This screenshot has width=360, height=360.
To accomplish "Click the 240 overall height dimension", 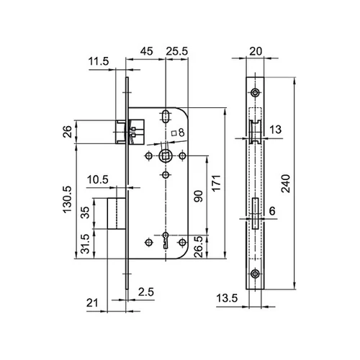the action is tap(286, 184).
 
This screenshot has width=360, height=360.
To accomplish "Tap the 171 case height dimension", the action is tap(216, 183).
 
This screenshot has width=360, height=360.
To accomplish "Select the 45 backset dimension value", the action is tap(146, 51).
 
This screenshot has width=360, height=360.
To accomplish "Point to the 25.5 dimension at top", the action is tap(177, 51).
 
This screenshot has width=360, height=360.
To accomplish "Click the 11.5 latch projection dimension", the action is tap(99, 61).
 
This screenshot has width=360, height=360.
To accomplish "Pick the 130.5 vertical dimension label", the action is tap(68, 199).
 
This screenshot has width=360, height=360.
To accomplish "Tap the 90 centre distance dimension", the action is tap(199, 196).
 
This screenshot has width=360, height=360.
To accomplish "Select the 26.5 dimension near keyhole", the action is tap(199, 247).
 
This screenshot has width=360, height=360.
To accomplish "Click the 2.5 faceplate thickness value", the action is tap(146, 292).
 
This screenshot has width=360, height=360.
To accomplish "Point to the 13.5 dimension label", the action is tap(227, 298).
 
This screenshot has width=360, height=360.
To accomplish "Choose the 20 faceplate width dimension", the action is tap(256, 51).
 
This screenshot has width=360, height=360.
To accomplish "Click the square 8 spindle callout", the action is tap(178, 132).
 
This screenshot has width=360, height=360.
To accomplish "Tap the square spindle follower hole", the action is tap(165, 156).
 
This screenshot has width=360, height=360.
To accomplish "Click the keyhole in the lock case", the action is tap(165, 240).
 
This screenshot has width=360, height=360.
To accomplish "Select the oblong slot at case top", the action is tap(165, 115).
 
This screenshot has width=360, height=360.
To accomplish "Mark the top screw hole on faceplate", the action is tap(255, 92).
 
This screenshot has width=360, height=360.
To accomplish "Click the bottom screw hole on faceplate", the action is tap(255, 274).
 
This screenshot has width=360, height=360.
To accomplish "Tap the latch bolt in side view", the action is tap(255, 132).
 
